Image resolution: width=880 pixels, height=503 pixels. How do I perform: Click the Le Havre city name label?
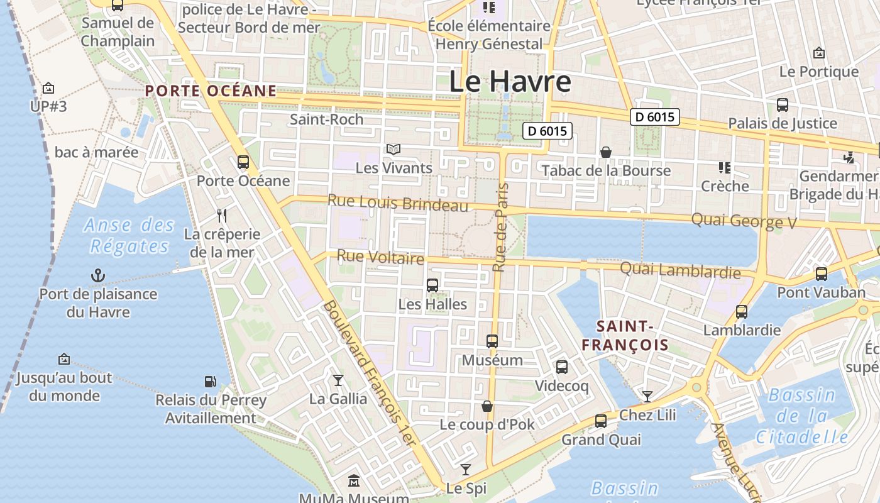[510, 82]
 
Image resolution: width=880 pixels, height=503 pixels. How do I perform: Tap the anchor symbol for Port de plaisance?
[98, 275]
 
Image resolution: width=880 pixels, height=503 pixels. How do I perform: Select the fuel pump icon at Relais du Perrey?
[210, 381]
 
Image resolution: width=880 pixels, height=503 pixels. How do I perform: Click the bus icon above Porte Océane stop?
[243, 162]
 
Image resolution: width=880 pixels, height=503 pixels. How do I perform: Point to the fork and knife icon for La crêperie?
[221, 216]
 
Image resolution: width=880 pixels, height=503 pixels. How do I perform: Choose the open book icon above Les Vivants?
[393, 150]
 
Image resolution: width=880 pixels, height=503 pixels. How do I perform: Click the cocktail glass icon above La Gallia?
[338, 380]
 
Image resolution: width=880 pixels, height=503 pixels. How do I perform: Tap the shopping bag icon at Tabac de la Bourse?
[606, 152]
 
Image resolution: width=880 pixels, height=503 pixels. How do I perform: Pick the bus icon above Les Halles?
[432, 285]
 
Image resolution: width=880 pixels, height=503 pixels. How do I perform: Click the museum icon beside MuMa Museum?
[354, 481]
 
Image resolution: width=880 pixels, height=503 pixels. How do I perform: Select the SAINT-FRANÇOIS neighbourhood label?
[625, 335]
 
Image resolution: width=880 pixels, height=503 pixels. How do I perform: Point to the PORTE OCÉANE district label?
[211, 91]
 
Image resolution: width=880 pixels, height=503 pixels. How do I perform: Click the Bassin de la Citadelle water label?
[802, 416]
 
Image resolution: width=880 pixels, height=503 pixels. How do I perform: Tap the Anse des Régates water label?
[129, 235]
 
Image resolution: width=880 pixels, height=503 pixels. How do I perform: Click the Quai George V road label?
[744, 221]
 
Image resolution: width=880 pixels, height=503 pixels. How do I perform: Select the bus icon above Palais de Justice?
[783, 105]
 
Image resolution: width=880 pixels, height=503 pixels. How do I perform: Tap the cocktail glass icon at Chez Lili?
[647, 396]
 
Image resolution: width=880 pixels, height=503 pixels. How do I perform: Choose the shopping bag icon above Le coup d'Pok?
[487, 406]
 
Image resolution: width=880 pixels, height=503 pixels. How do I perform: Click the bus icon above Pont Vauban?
[821, 274]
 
